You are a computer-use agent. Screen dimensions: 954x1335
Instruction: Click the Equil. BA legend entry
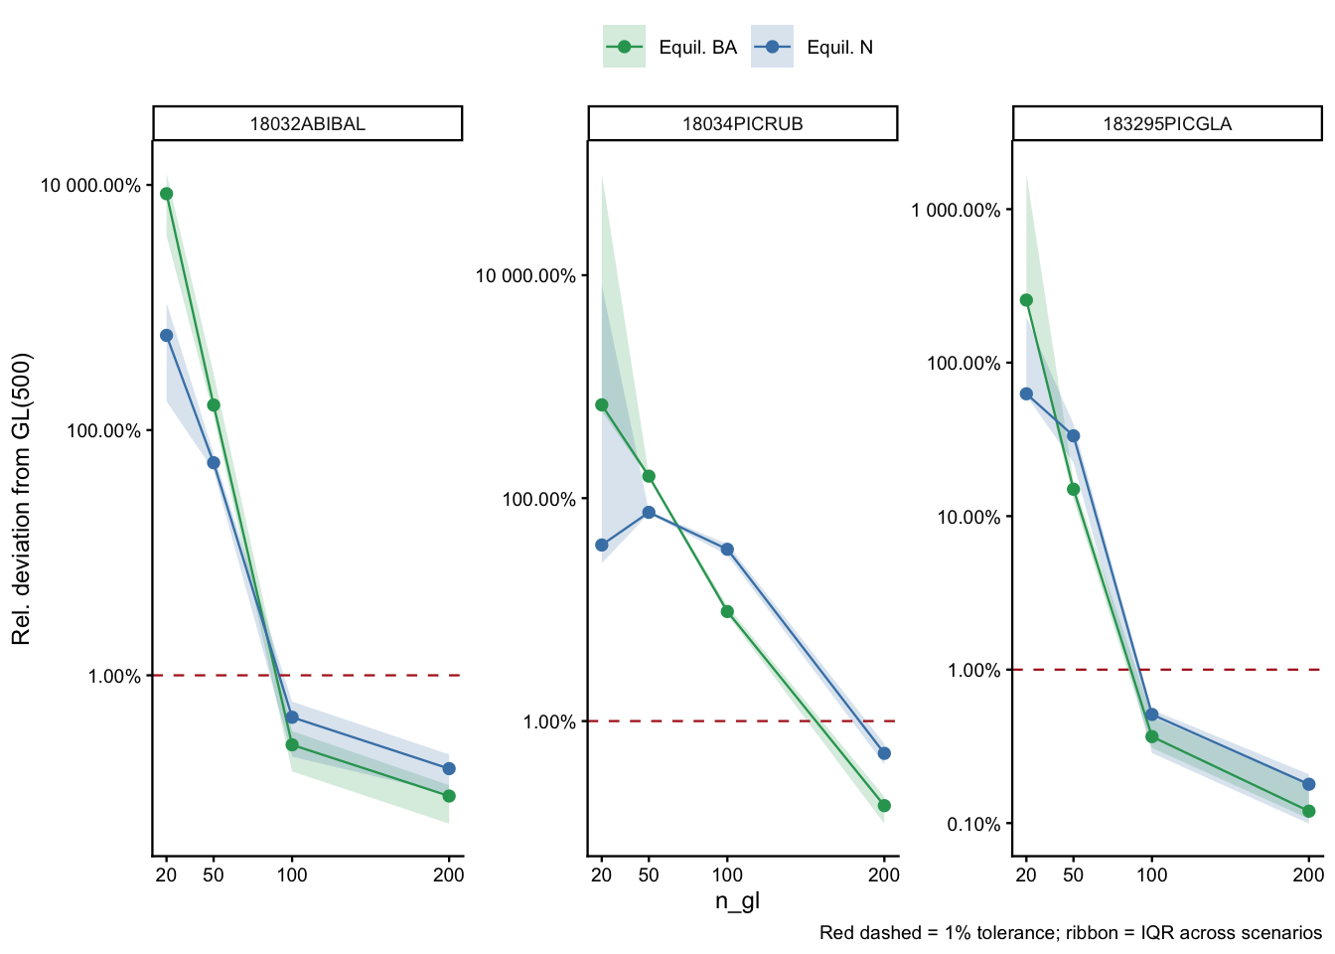[x=670, y=47]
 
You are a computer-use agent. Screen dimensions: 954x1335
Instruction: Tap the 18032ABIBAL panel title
[x=307, y=124]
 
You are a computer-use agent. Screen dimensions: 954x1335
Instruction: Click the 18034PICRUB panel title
[x=742, y=124]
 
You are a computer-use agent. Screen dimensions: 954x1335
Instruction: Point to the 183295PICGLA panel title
[x=1167, y=124]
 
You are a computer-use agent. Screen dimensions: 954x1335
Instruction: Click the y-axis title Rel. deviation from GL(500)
[x=22, y=498]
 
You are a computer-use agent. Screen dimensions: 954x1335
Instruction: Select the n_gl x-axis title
[x=737, y=901]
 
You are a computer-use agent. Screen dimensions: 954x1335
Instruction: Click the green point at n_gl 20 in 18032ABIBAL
[x=167, y=194]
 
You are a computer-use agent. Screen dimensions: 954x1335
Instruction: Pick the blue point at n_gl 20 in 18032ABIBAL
[x=167, y=335]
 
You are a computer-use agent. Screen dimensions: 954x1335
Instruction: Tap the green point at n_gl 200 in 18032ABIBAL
[x=449, y=796]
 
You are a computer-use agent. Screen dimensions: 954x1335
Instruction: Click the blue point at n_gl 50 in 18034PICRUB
[x=649, y=513]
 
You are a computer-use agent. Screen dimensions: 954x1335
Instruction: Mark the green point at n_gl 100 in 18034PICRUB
[x=727, y=611]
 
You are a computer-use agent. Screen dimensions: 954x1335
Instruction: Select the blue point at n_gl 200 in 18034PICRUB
[x=884, y=753]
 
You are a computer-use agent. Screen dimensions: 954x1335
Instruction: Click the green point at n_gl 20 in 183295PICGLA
[x=1026, y=300]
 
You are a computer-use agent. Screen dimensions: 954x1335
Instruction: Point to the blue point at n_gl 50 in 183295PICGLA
[x=1073, y=435]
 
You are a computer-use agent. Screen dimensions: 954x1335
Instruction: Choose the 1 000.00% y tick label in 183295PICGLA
[x=956, y=210]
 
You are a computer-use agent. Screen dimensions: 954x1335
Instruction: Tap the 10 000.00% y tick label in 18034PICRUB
[x=525, y=276]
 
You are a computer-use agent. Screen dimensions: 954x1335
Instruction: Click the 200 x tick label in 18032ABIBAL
[x=449, y=875]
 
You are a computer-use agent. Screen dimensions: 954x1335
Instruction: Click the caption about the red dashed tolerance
[x=1070, y=933]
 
